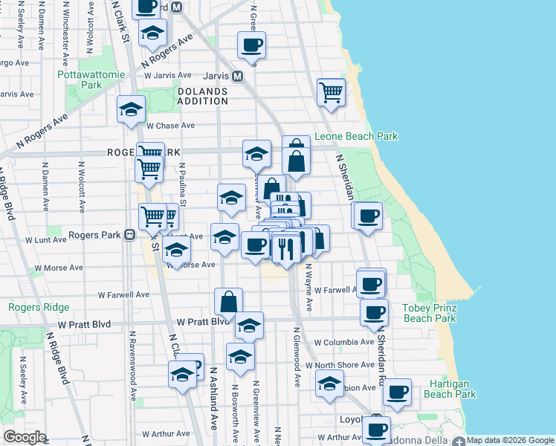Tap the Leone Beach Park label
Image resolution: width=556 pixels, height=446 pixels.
[356, 137]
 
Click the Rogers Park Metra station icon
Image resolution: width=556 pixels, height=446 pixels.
[129, 235]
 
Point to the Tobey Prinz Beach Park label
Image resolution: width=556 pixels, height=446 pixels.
[429, 313]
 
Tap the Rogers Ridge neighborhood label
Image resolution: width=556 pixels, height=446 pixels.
[39, 308]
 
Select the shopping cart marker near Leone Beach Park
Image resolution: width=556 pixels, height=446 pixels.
[331, 93]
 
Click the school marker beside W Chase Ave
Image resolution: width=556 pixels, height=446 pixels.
[131, 110]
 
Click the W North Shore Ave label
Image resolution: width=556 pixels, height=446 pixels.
[344, 365]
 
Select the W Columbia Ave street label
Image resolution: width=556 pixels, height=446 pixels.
[343, 343]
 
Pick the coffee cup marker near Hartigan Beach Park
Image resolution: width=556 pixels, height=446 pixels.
[397, 391]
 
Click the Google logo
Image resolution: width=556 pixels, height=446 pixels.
[25, 437]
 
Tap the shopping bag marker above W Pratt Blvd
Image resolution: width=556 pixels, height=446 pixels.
[229, 301]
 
